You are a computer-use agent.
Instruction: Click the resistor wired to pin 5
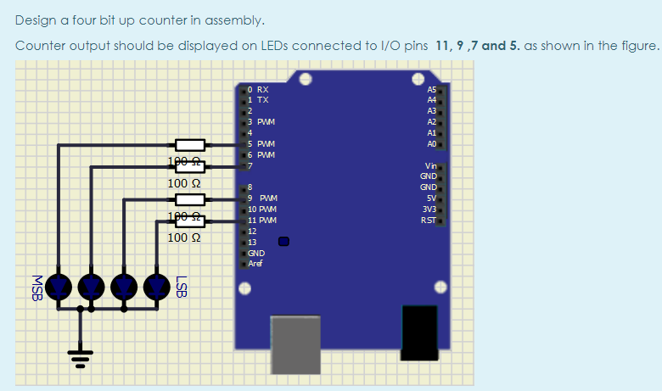pos(190,145)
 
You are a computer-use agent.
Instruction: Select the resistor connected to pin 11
pos(190,222)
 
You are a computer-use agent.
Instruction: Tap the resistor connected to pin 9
pos(190,200)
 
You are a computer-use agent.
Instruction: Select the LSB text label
pos(180,287)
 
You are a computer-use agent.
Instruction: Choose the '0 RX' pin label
pos(258,89)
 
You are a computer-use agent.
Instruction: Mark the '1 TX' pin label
pos(258,99)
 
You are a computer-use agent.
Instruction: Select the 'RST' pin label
pos(429,220)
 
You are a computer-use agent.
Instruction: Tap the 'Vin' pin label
pos(430,165)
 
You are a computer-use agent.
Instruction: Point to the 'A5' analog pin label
pos(432,89)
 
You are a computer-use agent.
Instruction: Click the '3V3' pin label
pos(429,209)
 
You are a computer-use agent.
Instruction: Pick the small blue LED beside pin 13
pos(284,241)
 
